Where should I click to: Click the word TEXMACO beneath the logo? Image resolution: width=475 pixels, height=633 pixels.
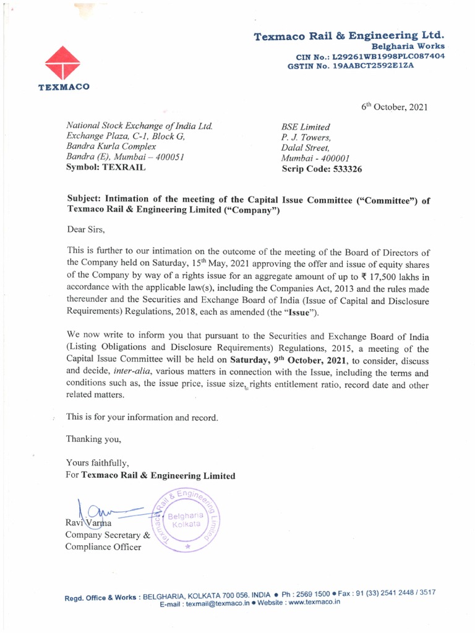[x=64, y=87]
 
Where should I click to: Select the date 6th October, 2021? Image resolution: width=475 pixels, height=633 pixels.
[x=394, y=107]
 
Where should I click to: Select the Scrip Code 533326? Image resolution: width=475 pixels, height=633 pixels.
[x=322, y=168]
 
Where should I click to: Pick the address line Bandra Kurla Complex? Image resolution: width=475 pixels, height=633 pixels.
[x=111, y=147]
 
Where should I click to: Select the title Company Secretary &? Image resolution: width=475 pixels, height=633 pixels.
[x=108, y=535]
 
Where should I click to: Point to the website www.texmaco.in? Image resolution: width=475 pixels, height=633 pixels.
[x=314, y=602]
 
